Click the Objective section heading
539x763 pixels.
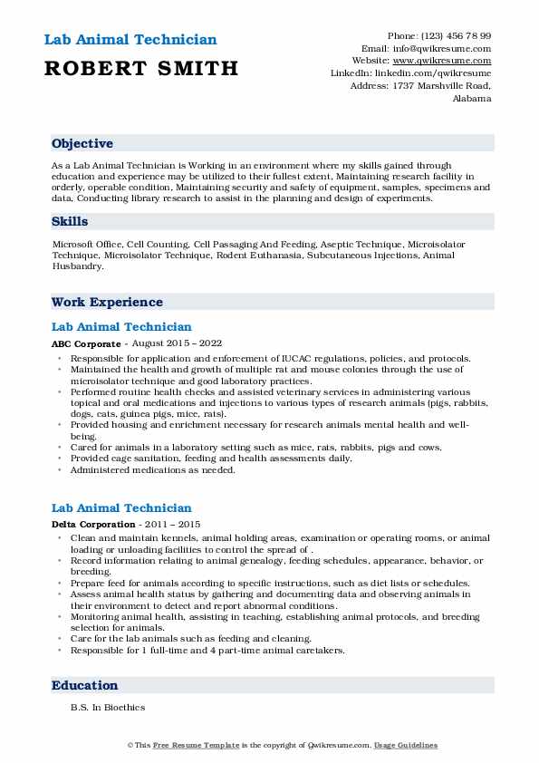pyautogui.click(x=82, y=143)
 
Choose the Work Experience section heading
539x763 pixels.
pyautogui.click(x=107, y=302)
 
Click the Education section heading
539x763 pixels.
pyautogui.click(x=84, y=685)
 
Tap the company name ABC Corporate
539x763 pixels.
pyautogui.click(x=85, y=344)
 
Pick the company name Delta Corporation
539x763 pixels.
pyautogui.click(x=93, y=525)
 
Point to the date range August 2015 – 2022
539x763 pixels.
pyautogui.click(x=177, y=344)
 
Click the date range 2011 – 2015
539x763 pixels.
pyautogui.click(x=170, y=525)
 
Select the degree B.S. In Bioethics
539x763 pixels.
pyautogui.click(x=107, y=707)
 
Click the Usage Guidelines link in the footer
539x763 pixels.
pyautogui.click(x=407, y=745)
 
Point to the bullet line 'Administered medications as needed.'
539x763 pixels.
pyautogui.click(x=152, y=469)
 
